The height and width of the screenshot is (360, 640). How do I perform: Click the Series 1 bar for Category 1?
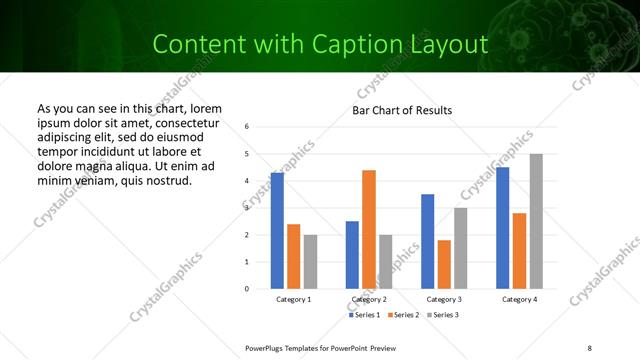277,231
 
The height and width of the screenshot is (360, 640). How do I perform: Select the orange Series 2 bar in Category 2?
369,229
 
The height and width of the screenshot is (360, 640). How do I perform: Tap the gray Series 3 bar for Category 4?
536,221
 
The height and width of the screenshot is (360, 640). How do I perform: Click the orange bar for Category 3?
444,264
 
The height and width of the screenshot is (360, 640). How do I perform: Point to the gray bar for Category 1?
310,262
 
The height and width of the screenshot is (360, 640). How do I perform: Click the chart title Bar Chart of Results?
402,110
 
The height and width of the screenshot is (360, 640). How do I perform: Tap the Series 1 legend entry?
365,315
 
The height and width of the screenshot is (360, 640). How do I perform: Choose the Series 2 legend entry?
402,315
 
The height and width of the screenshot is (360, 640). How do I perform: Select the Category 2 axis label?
369,299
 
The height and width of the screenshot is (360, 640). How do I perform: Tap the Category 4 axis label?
519,299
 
